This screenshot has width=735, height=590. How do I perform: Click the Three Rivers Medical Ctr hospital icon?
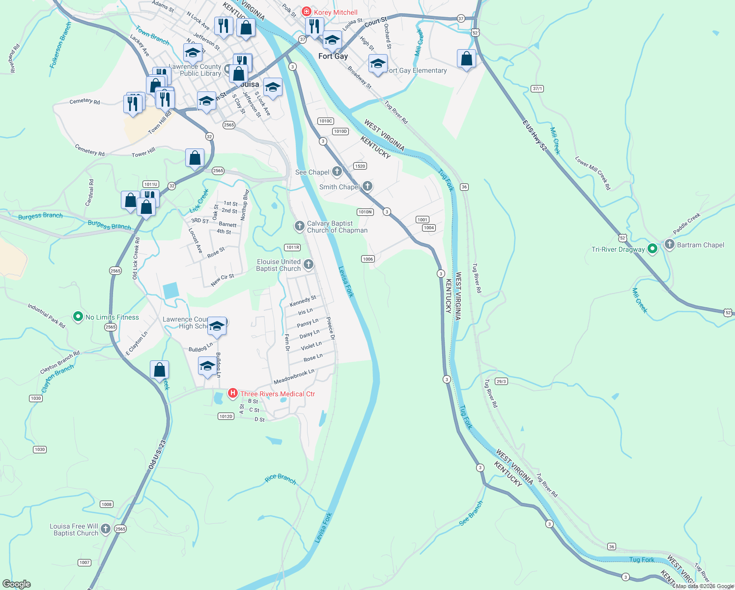(233, 393)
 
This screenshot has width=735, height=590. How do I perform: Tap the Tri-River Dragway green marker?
(652, 249)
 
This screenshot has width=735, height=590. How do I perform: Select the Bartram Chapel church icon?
(669, 244)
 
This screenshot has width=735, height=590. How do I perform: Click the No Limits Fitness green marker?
(78, 317)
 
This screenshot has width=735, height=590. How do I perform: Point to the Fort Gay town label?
(333, 56)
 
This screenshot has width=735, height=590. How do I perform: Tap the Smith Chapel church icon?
(367, 186)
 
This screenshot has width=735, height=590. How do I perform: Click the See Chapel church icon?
(337, 172)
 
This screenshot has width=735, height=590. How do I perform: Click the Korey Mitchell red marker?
(307, 12)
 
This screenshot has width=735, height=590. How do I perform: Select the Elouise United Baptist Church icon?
(309, 265)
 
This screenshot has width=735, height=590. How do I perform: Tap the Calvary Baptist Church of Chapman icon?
(299, 226)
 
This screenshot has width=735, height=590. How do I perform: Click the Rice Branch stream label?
(281, 479)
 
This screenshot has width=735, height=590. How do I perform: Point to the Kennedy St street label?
(303, 301)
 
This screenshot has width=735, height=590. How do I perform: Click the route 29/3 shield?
(501, 382)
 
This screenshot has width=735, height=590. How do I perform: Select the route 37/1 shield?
(537, 88)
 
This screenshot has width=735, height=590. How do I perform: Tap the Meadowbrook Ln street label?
(294, 377)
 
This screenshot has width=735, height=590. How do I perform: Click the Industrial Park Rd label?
(46, 316)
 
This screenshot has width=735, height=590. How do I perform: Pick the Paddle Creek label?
(686, 223)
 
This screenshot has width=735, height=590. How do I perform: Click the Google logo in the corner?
(17, 584)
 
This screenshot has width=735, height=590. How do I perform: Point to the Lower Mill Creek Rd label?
(593, 173)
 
